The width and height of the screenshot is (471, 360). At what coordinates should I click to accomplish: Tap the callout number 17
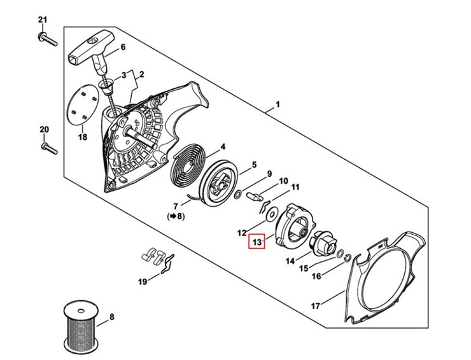point(315,306)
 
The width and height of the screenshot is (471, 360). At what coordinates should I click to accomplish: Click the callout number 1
point(278,104)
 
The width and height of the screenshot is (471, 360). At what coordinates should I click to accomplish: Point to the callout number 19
point(143,281)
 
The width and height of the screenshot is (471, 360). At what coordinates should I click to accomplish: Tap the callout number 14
point(290,261)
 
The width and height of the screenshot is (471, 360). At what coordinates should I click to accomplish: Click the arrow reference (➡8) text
point(176,216)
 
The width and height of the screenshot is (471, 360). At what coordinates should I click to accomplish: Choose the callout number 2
point(141,74)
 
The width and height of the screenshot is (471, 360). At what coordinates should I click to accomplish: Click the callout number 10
point(283,181)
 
